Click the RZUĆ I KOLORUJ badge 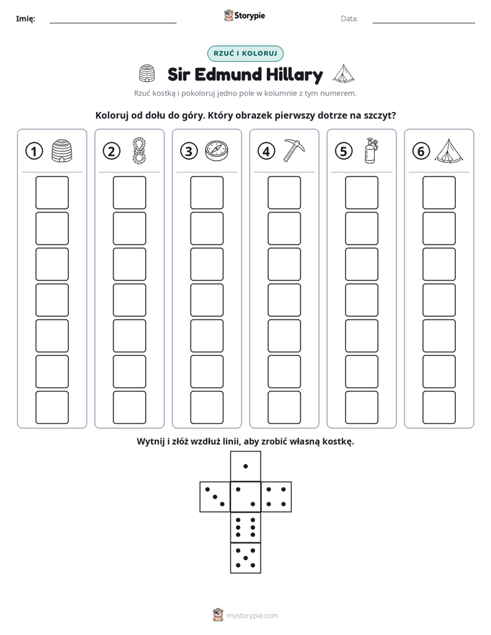click(245, 54)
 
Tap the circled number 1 click(34, 151)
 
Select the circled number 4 click(266, 151)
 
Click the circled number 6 click(421, 151)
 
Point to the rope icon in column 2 click(139, 151)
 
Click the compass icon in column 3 click(217, 151)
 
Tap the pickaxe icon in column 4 click(294, 151)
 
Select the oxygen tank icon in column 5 click(371, 151)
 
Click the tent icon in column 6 click(449, 151)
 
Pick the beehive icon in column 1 click(62, 151)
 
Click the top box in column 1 click(52, 192)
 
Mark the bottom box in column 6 click(439, 408)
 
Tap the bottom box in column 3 click(206, 408)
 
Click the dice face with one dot click(245, 466)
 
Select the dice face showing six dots click(245, 527)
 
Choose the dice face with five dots click(245, 557)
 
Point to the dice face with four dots click(276, 497)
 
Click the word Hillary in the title click(294, 75)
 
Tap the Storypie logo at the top click(245, 16)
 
